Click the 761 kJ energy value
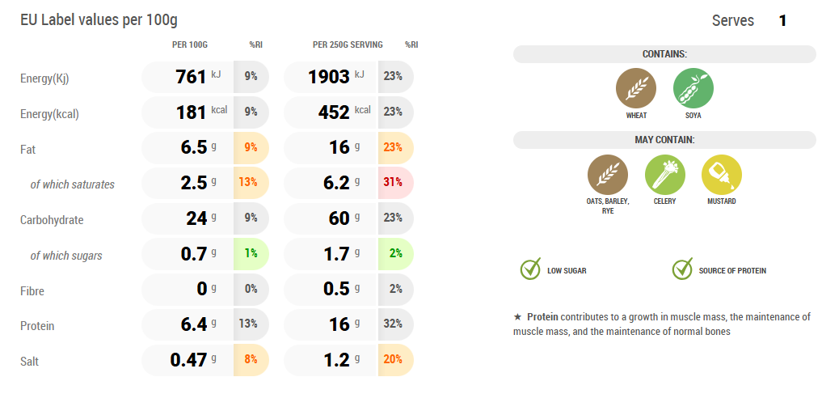click(x=191, y=77)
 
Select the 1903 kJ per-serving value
click(x=331, y=77)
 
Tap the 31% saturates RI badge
click(x=394, y=183)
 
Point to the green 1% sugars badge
click(x=251, y=254)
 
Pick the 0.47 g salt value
click(x=188, y=360)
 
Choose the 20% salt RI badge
click(x=394, y=360)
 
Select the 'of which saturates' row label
click(x=72, y=184)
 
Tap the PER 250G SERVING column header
click(x=348, y=44)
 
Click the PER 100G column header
click(x=190, y=44)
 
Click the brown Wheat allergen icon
click(x=636, y=88)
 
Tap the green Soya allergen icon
click(x=693, y=88)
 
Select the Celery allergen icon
click(x=664, y=175)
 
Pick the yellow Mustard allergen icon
click(x=721, y=175)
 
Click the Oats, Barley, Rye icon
click(x=608, y=175)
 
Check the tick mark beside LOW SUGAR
click(x=530, y=269)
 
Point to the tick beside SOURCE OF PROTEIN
click(x=682, y=269)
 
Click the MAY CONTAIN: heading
click(x=664, y=140)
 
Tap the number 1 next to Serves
click(x=782, y=21)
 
